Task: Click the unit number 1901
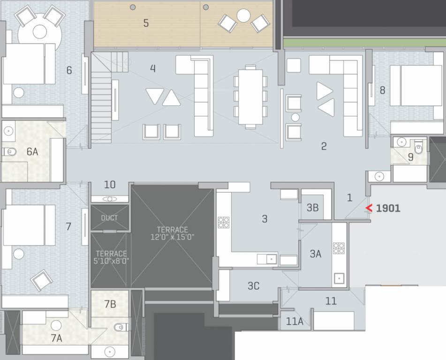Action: [388, 208]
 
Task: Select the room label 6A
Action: [32, 151]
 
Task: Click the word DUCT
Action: [109, 218]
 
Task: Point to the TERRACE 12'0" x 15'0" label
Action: [172, 233]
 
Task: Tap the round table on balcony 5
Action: [243, 16]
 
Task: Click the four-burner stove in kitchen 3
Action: [223, 222]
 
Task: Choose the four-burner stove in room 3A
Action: [339, 248]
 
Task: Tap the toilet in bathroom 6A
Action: [9, 152]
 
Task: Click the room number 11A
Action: [295, 322]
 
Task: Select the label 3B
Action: [312, 208]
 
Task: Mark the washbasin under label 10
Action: [110, 199]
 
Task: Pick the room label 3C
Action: [253, 285]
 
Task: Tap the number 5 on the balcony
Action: [146, 23]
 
